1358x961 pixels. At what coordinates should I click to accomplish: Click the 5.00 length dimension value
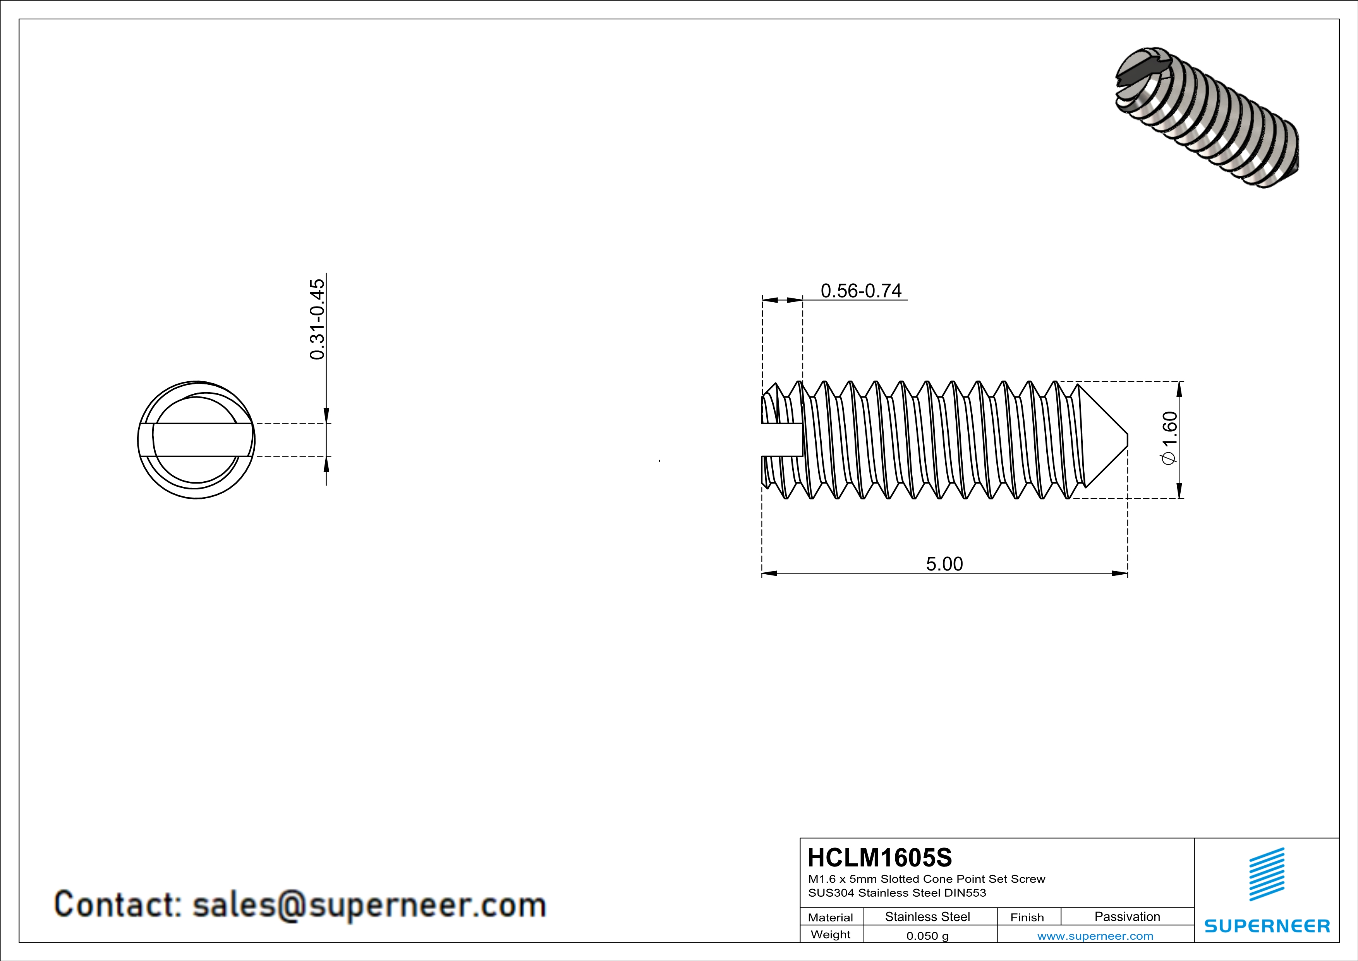coord(944,564)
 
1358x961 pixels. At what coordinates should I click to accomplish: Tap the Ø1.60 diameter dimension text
coord(1169,439)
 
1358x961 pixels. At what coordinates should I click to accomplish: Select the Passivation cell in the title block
coord(1127,916)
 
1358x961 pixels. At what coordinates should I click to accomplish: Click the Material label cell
coord(831,917)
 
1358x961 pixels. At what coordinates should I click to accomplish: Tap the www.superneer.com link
coord(1095,935)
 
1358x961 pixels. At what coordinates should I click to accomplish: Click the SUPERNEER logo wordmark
coord(1267,926)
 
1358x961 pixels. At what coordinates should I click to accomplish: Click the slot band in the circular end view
coord(196,440)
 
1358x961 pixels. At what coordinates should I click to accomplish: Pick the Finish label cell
coord(1027,917)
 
